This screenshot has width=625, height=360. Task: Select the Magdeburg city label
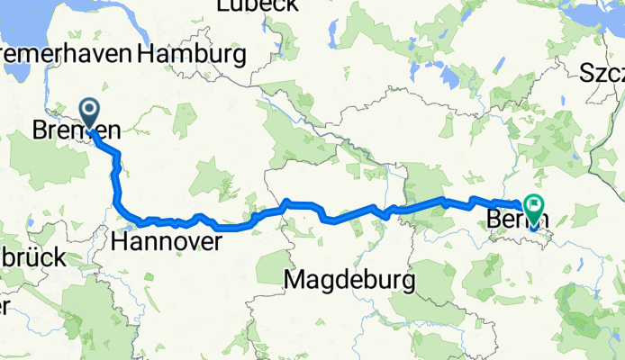(x=349, y=282)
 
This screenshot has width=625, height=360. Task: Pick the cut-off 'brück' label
(x=31, y=257)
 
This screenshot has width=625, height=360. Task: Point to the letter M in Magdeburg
(x=294, y=282)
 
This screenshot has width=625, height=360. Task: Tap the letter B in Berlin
(x=493, y=219)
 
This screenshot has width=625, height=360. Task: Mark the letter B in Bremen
(x=41, y=130)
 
